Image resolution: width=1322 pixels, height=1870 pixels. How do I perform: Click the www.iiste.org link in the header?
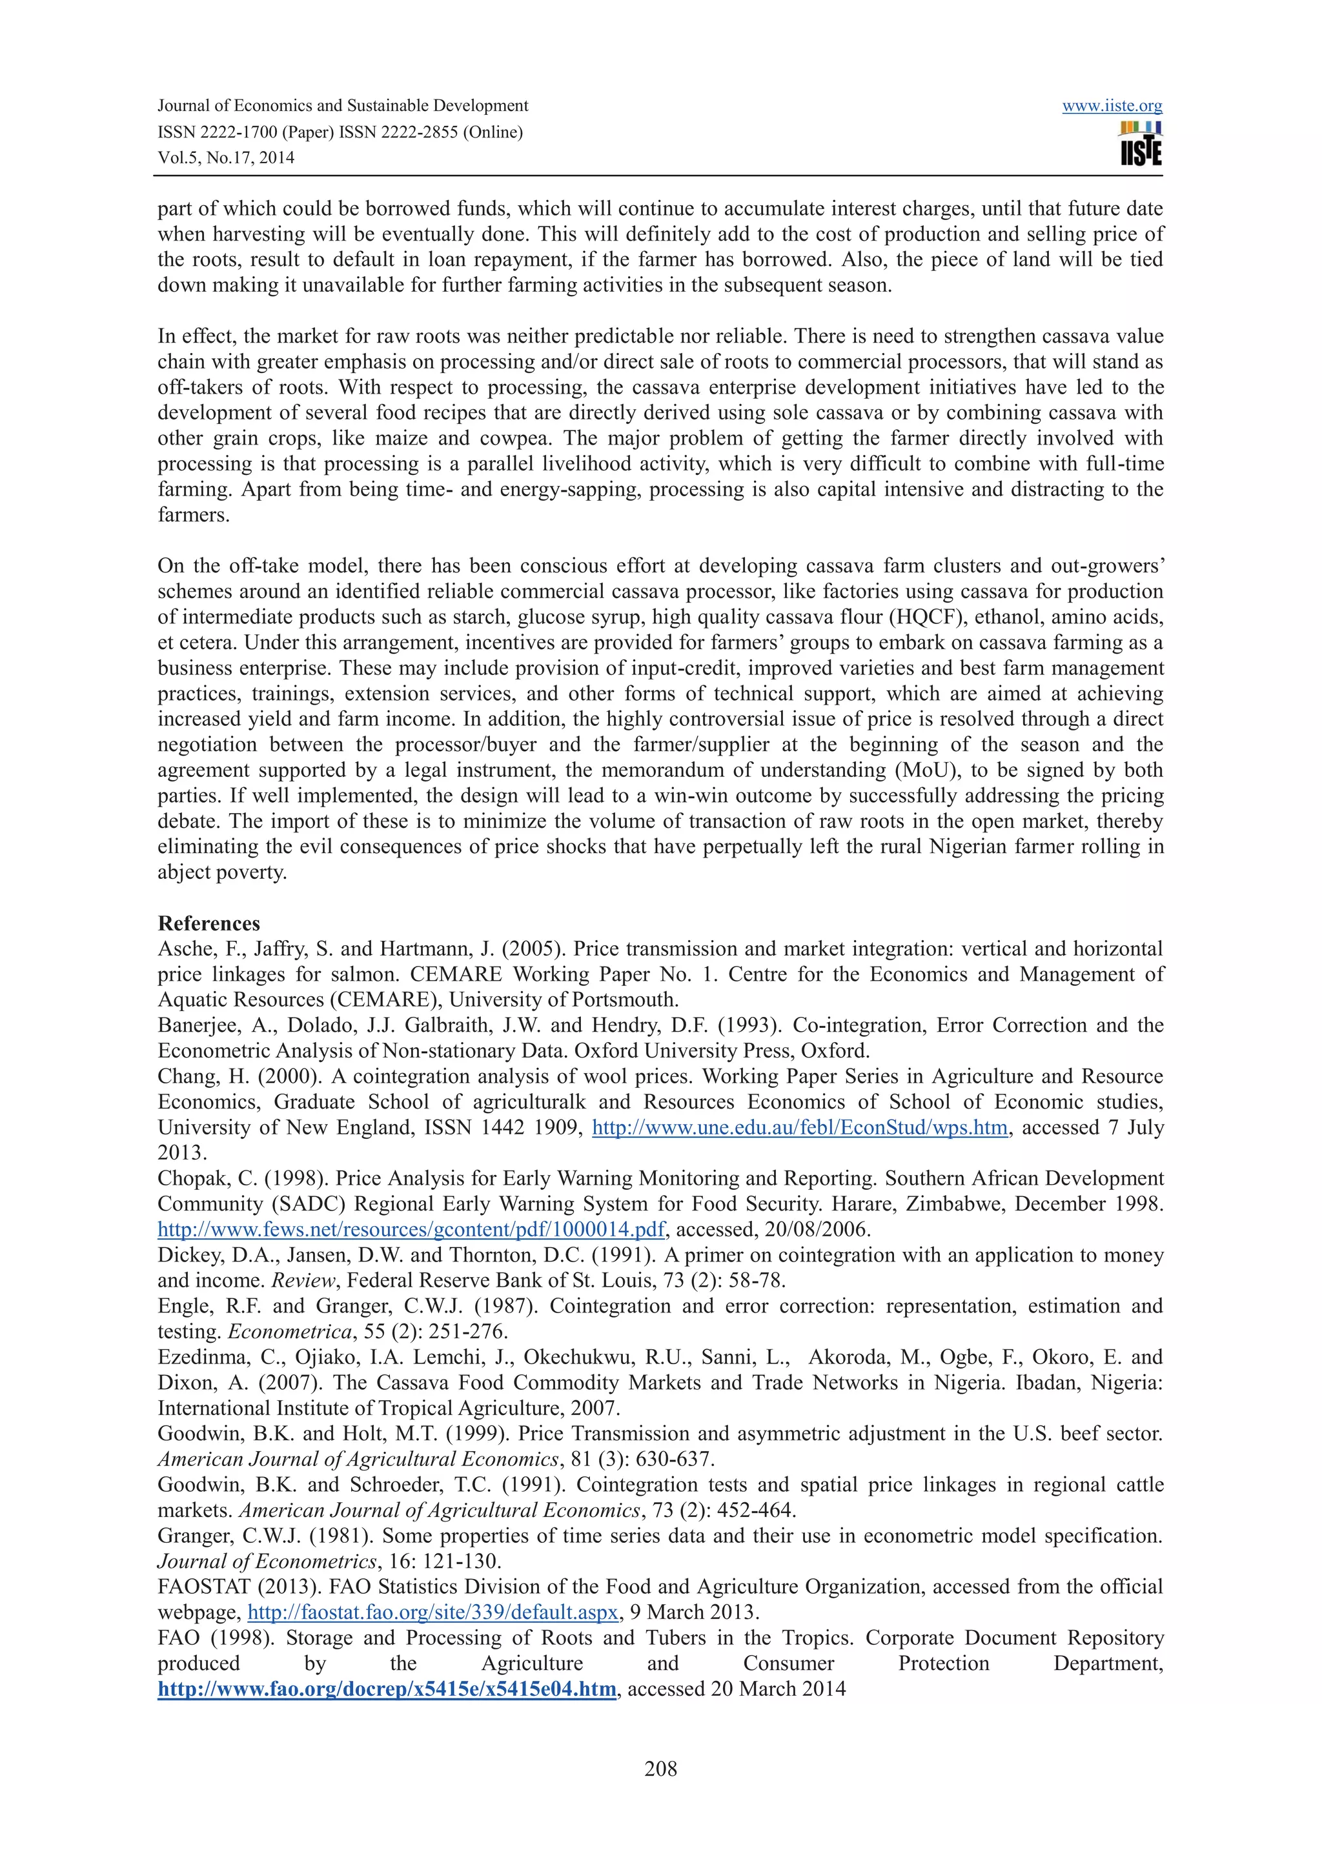1111,106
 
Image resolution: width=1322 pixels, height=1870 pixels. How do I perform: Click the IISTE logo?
1141,144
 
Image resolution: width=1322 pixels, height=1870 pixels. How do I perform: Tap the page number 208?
660,1768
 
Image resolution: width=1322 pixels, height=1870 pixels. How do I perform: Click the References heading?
208,923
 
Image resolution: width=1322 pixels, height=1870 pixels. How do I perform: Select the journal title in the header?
342,106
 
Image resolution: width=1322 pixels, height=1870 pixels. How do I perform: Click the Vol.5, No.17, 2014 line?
226,158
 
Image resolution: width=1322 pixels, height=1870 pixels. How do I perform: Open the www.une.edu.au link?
799,1127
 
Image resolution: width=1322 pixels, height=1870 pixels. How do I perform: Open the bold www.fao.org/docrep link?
387,1689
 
